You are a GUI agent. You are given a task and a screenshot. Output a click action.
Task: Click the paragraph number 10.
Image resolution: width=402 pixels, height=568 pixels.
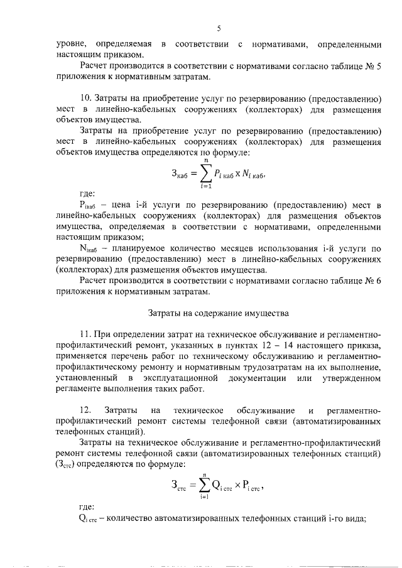tap(87, 99)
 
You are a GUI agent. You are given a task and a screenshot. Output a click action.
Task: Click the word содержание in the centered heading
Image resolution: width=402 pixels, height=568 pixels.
tap(212, 312)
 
